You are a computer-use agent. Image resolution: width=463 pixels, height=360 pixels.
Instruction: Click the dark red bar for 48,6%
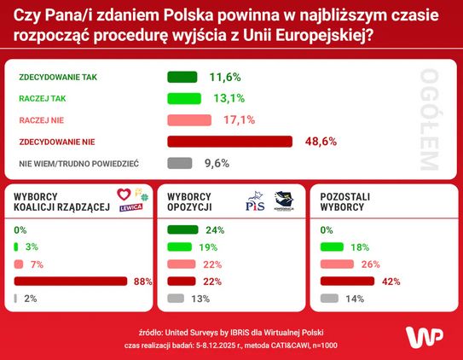pos(229,142)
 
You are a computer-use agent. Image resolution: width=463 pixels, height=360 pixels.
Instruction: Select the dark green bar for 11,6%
pos(182,77)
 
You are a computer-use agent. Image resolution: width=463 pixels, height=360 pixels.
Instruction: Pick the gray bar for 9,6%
pos(180,163)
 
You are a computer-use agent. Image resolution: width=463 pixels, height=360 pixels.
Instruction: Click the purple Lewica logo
pos(130,207)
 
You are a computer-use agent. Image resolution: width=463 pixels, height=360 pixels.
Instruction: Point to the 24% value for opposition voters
pos(215,230)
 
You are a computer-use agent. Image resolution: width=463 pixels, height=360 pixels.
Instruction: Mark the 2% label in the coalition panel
pos(31,299)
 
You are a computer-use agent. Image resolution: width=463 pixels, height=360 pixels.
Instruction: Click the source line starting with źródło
pos(230,331)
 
